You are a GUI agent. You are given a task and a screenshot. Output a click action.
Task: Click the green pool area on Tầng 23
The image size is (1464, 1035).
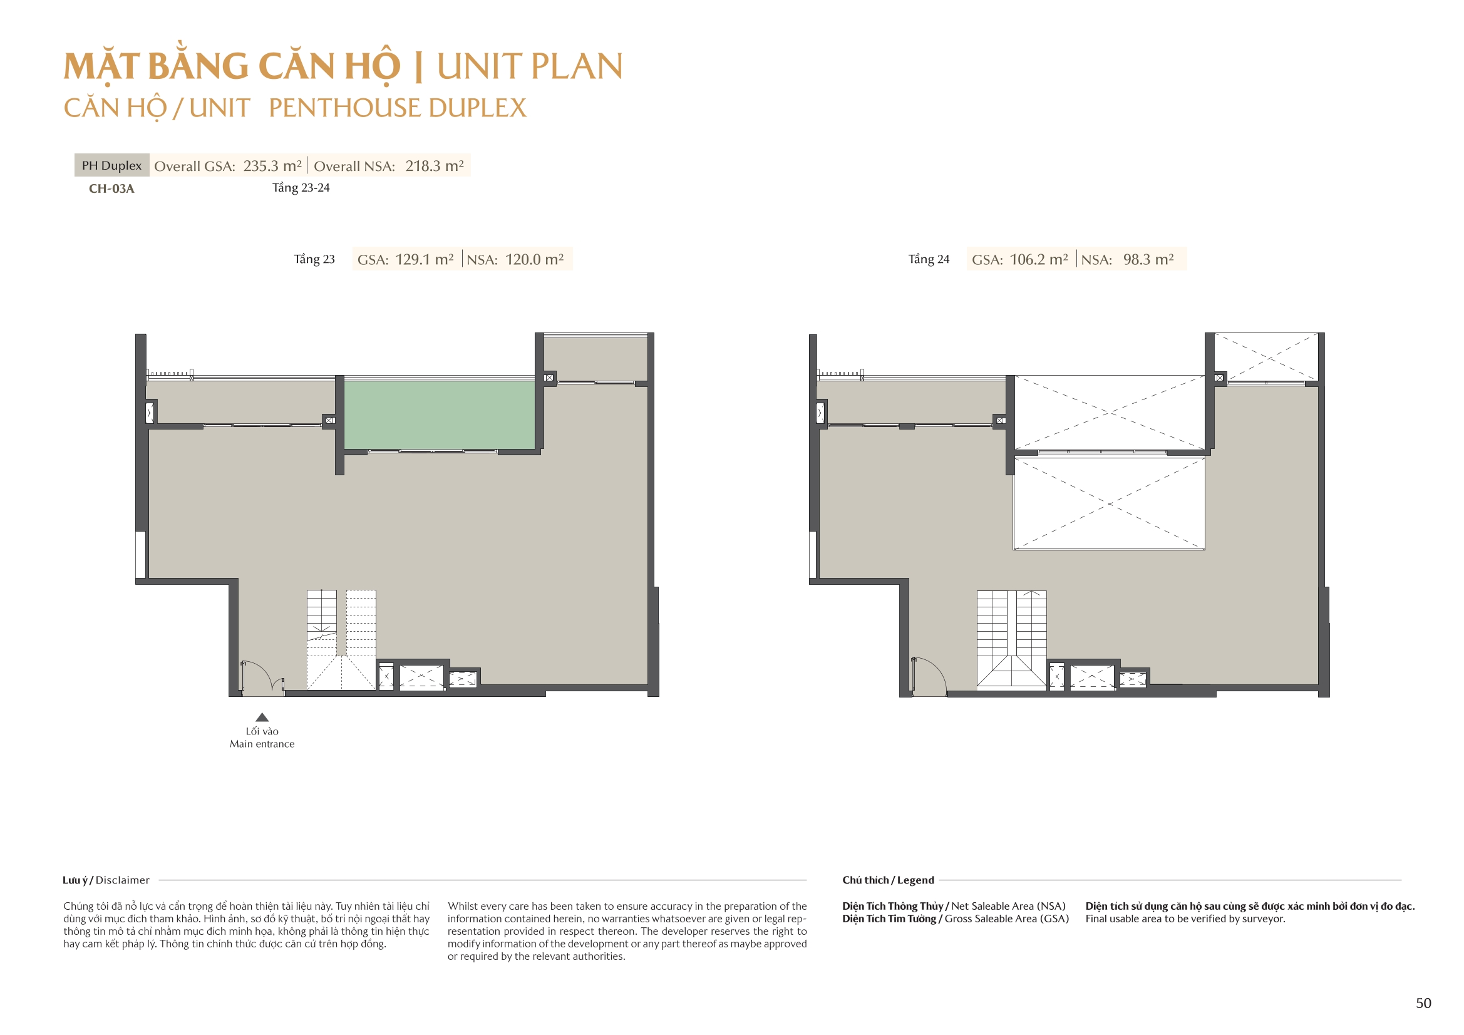point(440,415)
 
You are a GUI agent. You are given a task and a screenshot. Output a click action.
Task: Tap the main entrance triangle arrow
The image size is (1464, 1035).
point(262,717)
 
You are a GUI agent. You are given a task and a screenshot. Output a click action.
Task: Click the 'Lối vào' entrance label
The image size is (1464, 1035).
point(262,731)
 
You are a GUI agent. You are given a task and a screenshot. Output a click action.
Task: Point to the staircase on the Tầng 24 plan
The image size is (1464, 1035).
point(1012,641)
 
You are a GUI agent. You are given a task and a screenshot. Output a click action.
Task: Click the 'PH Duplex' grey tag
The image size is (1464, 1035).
point(111,165)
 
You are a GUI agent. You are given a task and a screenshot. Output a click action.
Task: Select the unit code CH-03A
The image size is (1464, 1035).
point(111,188)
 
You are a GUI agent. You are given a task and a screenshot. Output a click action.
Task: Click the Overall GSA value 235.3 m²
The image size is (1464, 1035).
point(272,166)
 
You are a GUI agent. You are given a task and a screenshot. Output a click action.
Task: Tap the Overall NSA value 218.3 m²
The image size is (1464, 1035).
point(435,166)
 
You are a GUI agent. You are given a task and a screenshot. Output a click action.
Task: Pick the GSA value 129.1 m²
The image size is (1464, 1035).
point(425,260)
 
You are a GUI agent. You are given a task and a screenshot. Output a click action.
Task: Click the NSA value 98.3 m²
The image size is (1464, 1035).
point(1148,260)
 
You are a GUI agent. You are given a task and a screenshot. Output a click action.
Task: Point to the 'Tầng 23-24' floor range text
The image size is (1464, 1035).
point(301,187)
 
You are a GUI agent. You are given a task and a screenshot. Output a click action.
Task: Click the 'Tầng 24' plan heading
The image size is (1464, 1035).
point(929,259)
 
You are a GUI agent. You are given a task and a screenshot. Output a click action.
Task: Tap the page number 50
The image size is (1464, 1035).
point(1423,1003)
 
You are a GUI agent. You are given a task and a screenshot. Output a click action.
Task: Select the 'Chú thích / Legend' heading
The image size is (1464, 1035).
point(888,880)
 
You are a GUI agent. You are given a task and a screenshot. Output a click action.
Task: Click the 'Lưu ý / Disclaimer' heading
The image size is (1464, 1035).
point(106,880)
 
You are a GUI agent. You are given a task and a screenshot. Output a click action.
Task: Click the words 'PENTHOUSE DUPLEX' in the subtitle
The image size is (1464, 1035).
point(398,108)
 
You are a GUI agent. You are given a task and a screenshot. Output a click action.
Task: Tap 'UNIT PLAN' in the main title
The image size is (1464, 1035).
point(530,66)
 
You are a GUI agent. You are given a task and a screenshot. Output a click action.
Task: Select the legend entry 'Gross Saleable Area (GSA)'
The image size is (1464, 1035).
point(1007,919)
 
